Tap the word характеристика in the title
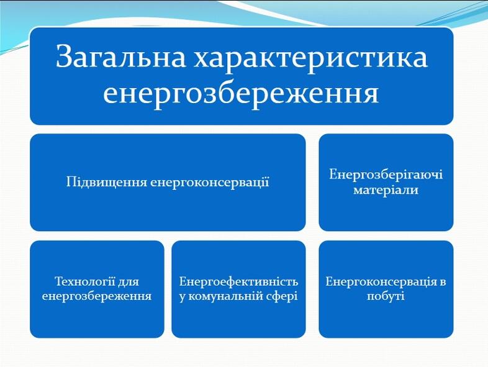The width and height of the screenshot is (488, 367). tap(310, 58)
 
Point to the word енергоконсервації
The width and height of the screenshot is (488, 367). tap(210, 182)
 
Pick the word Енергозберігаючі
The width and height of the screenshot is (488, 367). tap(386, 174)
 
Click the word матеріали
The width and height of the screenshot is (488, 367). tap(386, 189)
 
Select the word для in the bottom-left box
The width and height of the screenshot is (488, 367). tap(129, 282)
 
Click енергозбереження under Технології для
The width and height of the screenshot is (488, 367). tap(97, 296)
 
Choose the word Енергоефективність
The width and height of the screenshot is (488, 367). tap(238, 282)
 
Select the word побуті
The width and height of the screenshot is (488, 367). tap(386, 296)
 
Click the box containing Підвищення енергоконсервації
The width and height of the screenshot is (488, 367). tap(168, 183)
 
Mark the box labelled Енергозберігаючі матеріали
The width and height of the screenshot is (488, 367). tap(386, 183)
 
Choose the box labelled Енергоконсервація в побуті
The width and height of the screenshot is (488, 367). tap(386, 289)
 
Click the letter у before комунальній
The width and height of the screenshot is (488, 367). tap(183, 297)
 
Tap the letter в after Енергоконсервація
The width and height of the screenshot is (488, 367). tap(443, 283)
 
